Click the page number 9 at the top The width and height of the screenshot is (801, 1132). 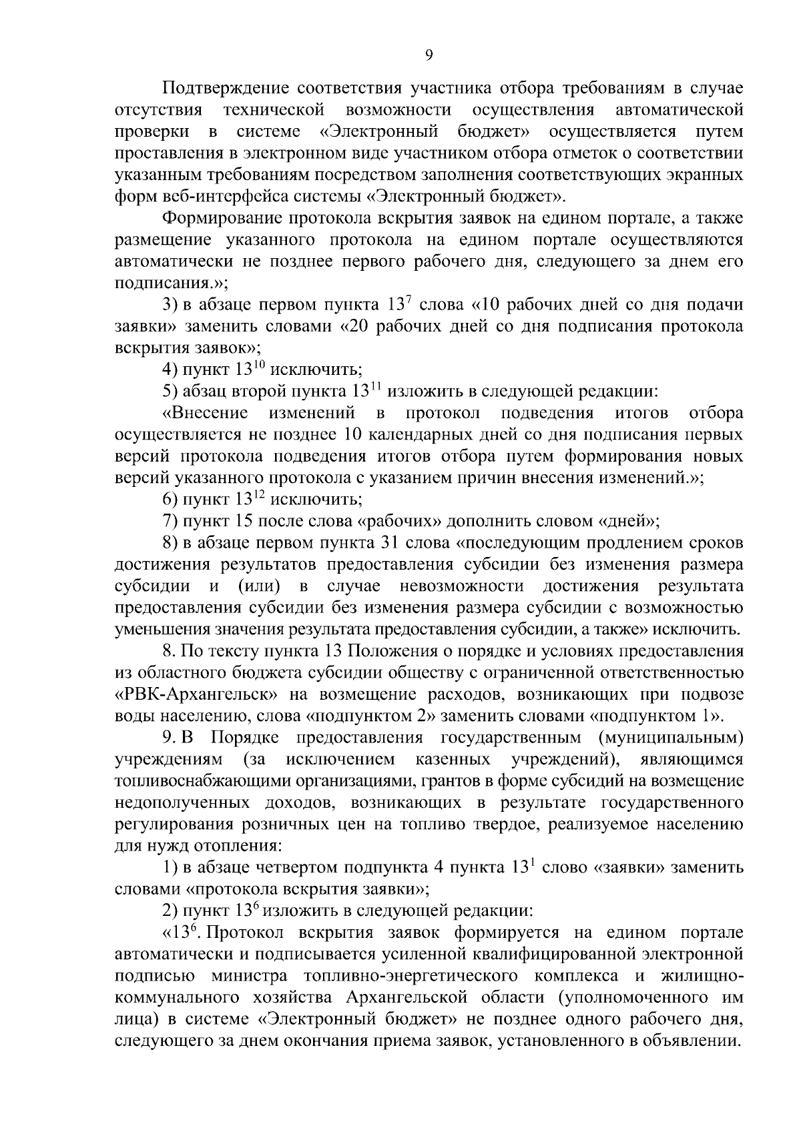pyautogui.click(x=429, y=55)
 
